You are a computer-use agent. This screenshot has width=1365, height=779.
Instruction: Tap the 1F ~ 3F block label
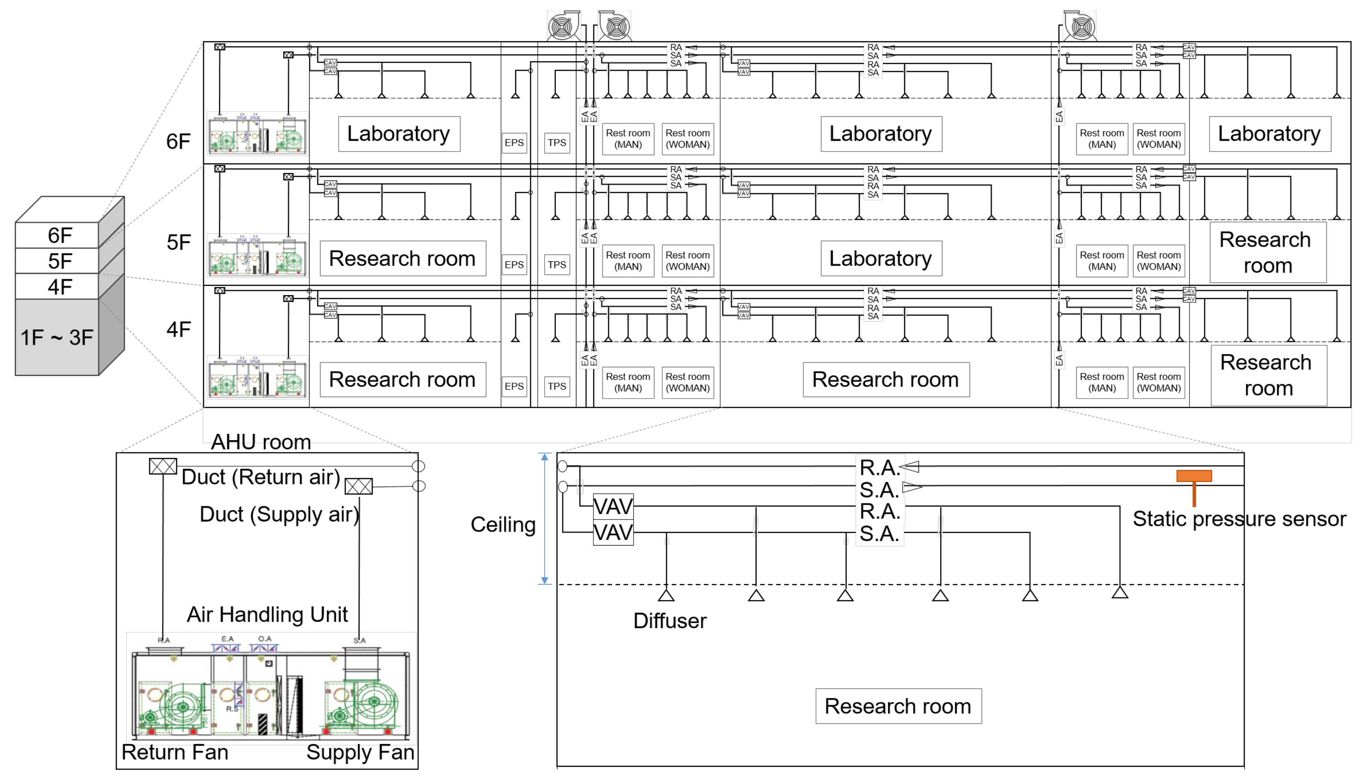coord(57,338)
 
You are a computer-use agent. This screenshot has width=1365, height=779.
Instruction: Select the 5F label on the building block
coord(60,261)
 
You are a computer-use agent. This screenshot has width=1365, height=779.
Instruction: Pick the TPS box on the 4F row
coord(556,386)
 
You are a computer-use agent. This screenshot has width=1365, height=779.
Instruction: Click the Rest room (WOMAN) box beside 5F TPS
coord(687,261)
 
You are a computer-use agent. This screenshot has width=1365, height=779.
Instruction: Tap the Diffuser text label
coord(669,620)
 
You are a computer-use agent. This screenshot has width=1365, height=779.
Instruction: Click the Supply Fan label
coord(360,752)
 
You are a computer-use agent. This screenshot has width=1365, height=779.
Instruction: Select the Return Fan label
coord(174,752)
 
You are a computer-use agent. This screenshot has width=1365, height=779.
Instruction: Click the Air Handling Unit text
coord(267,614)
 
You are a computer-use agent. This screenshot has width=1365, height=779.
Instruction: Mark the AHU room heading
coord(261,442)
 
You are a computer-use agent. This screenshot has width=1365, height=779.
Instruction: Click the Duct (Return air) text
coord(261,477)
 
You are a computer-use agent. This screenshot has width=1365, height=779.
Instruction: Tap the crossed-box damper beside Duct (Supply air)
coord(358,486)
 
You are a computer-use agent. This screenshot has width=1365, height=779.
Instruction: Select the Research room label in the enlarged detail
coord(898,706)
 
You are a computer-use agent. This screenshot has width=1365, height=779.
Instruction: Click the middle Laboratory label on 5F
coord(880,258)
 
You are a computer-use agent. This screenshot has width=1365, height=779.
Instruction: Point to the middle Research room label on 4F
coord(885,379)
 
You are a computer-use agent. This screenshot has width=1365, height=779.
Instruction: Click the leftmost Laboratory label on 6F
coord(399,134)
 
